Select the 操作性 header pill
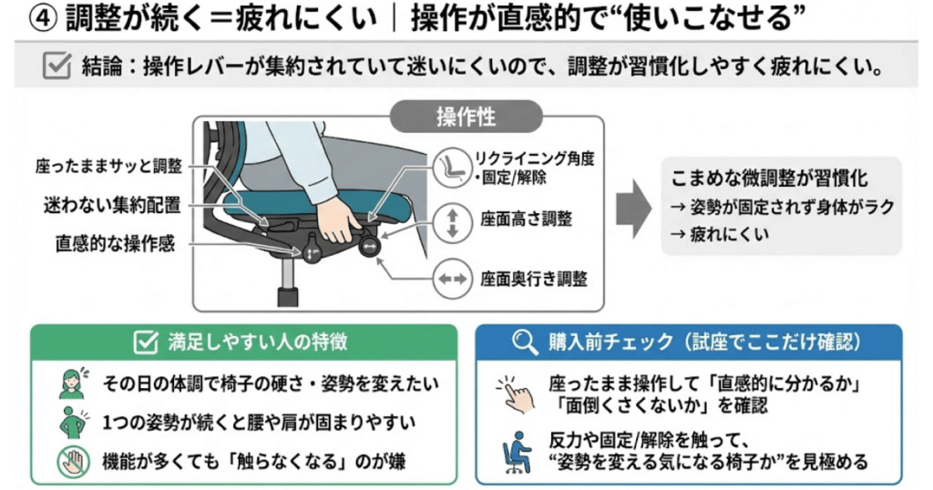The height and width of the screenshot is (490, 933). pyautogui.click(x=466, y=117)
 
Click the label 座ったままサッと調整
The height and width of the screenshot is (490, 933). pyautogui.click(x=108, y=167)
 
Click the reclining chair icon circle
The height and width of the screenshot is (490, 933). pyautogui.click(x=449, y=167)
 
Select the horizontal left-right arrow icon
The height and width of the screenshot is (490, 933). pyautogui.click(x=449, y=278)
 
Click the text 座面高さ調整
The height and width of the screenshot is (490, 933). pyautogui.click(x=526, y=220)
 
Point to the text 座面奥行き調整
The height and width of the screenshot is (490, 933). pyautogui.click(x=533, y=278)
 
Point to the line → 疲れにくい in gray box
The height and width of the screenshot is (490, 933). pyautogui.click(x=719, y=234)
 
